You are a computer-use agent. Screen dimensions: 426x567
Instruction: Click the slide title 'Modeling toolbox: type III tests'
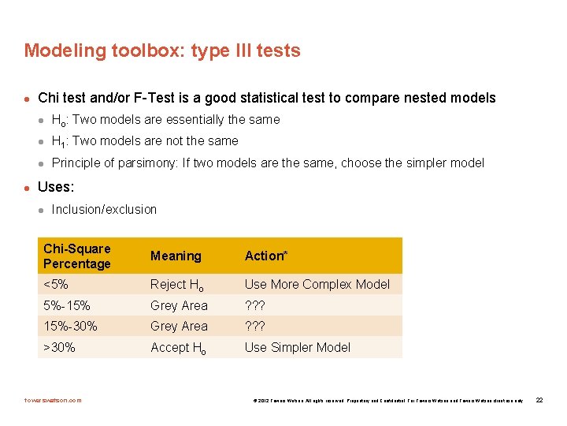[x=162, y=50]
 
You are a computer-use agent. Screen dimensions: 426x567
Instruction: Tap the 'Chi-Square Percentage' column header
[x=77, y=256]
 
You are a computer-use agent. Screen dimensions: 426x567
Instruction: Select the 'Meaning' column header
[x=176, y=256]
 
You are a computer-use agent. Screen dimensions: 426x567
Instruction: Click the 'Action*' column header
[x=266, y=256]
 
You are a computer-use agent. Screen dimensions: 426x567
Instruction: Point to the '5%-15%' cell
[x=67, y=305]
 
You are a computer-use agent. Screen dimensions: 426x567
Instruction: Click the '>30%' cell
[x=59, y=347]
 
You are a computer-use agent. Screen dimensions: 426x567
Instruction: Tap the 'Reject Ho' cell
[x=179, y=285]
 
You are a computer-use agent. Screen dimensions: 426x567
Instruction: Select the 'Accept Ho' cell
[x=179, y=348]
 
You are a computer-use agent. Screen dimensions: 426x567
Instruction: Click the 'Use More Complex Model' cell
[x=317, y=284]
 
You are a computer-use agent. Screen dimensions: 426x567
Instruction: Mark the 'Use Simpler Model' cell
[x=297, y=347]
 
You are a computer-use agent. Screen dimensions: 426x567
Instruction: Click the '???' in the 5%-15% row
[x=256, y=305]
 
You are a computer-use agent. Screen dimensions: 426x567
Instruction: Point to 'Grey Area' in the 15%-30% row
[x=179, y=326]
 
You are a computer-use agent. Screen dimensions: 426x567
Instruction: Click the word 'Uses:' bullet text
[x=56, y=189]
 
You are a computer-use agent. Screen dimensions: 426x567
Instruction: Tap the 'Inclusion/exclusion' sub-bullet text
[x=104, y=209]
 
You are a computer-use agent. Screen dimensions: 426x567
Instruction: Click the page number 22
[x=539, y=400]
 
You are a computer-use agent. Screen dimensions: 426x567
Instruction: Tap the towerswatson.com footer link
[x=53, y=400]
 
